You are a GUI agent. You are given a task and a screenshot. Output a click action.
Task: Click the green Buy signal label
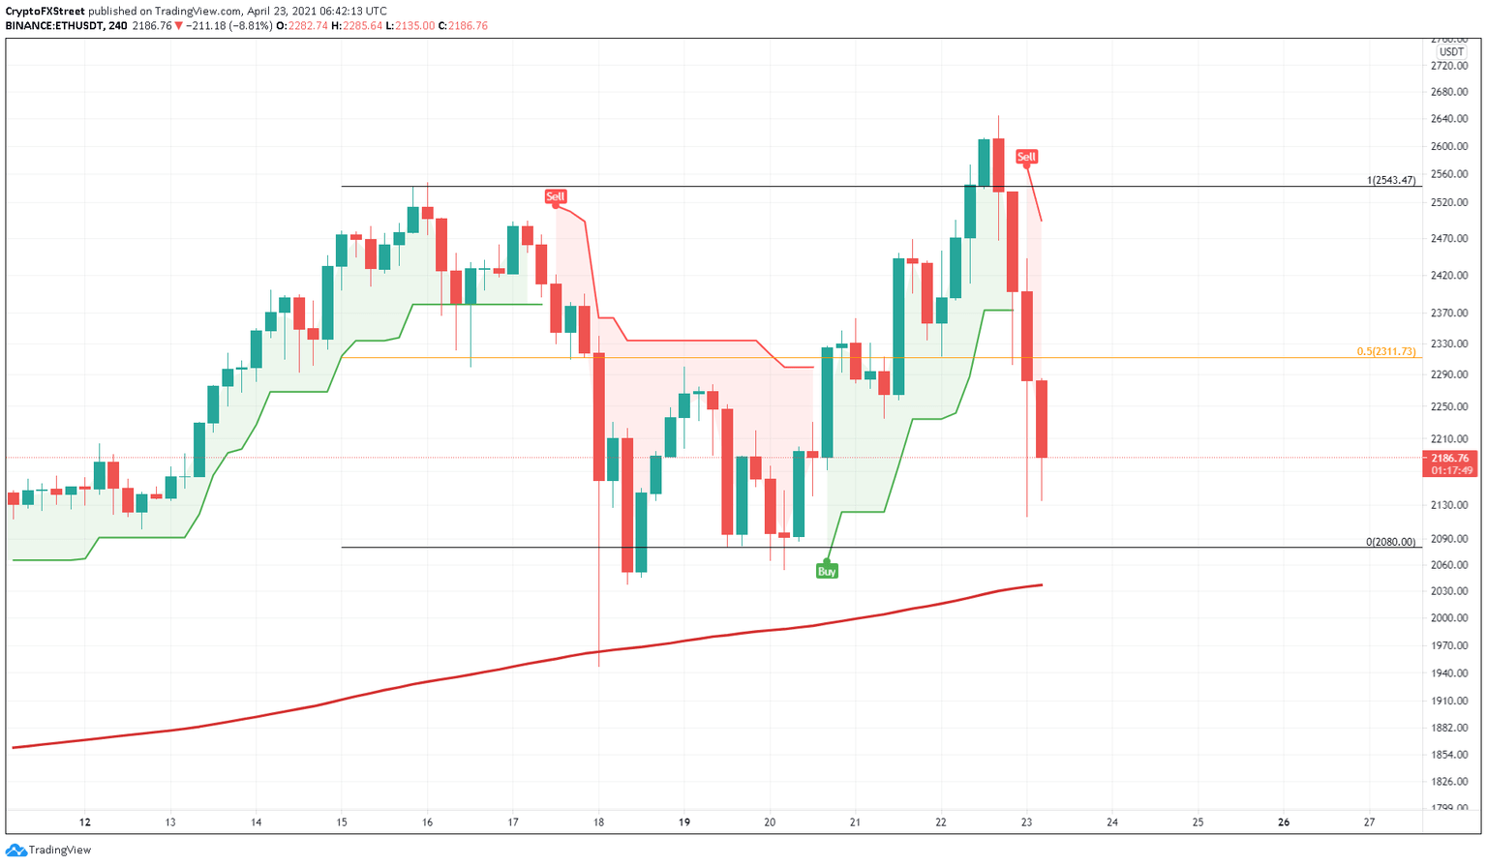827,572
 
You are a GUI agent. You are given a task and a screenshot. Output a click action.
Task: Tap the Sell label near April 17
555,196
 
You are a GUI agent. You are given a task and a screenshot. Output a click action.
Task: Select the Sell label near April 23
1026,157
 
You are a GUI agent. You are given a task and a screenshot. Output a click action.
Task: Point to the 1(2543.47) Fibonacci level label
1390,181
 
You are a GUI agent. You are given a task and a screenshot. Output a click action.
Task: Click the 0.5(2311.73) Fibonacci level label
1385,352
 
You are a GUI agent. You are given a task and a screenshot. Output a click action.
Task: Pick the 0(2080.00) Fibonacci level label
1390,542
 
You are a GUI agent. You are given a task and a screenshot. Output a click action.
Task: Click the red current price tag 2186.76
1449,458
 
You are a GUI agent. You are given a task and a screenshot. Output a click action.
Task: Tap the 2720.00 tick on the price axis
1449,66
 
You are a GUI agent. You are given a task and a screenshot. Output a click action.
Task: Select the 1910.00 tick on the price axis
1449,701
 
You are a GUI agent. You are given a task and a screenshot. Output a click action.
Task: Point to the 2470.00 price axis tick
1449,238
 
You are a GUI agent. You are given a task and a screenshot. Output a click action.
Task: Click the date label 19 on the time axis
684,822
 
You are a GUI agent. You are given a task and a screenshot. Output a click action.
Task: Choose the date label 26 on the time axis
1284,822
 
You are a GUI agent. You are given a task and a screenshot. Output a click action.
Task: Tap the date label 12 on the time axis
85,822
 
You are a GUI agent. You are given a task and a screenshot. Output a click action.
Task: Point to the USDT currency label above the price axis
1451,52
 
